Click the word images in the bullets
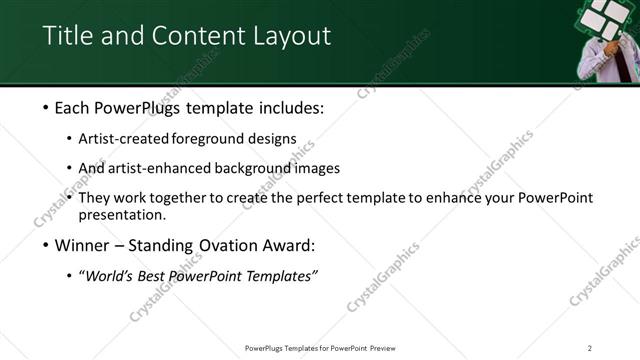pos(318,168)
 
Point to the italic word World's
pos(108,276)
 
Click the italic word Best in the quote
pos(150,276)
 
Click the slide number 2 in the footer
pos(590,348)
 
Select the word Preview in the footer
pos(388,348)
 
